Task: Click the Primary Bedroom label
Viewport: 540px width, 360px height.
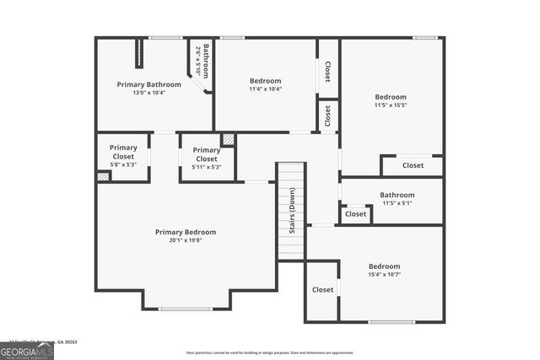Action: click(x=185, y=232)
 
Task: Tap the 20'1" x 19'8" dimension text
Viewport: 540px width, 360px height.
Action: click(x=185, y=240)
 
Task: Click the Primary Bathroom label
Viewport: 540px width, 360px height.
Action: click(x=148, y=84)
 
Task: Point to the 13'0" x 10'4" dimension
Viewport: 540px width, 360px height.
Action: click(x=148, y=93)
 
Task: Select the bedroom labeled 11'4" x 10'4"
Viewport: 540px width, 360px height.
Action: click(x=265, y=85)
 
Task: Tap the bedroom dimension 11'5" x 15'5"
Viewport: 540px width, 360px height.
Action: click(x=391, y=105)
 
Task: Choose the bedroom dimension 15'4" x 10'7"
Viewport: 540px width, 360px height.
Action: click(x=384, y=274)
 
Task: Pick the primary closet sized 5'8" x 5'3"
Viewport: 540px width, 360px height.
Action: click(x=123, y=156)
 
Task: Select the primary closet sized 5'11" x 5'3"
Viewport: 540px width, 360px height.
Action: click(x=206, y=159)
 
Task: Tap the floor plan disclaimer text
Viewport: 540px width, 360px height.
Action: click(x=270, y=352)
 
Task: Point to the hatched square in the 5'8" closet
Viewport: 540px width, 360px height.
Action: click(x=103, y=177)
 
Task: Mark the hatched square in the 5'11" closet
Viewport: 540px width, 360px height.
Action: click(x=228, y=139)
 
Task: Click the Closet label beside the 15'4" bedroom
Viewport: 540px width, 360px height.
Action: click(x=322, y=290)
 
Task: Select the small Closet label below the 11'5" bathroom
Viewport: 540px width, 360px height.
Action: click(x=355, y=214)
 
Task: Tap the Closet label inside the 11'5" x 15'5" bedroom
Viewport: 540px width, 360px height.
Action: click(x=413, y=165)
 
